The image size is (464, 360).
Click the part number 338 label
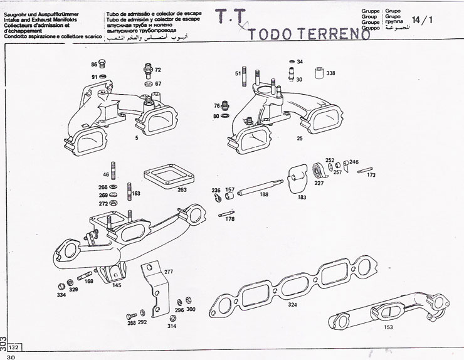(330, 73)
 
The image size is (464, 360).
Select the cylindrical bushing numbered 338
(318, 75)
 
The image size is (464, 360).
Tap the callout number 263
(182, 189)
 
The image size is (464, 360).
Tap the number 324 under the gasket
(292, 305)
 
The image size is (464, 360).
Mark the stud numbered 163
(128, 191)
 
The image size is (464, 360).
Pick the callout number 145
(117, 286)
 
